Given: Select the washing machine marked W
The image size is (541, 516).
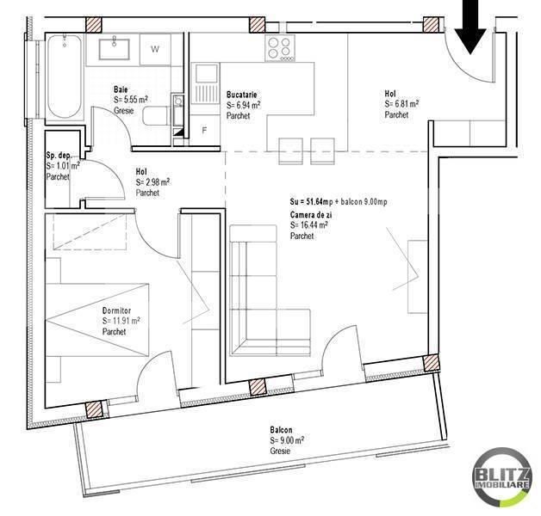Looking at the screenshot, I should click(155, 50).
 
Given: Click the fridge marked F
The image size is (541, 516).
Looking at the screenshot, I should click(204, 130).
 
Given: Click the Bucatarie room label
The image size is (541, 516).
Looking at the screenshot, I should click(243, 95).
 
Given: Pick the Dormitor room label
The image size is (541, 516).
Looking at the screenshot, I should click(116, 310).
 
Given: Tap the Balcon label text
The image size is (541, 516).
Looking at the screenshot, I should click(280, 430).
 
